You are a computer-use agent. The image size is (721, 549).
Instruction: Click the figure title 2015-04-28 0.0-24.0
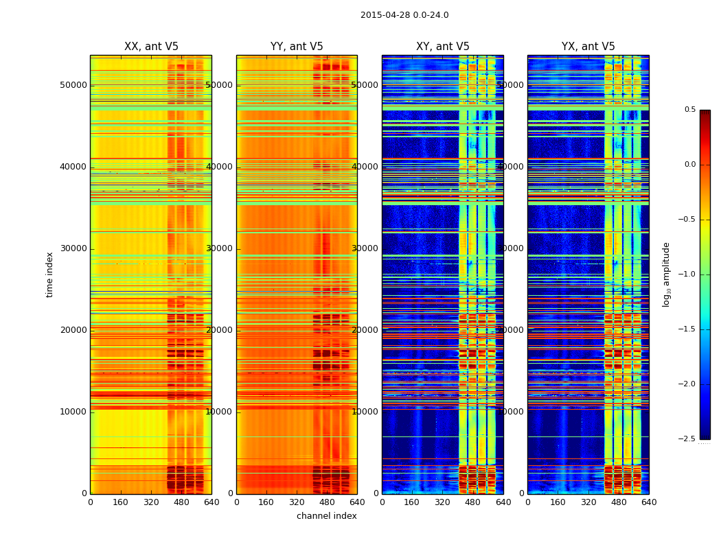point(404,15)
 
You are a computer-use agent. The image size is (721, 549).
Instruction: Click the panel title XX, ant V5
point(151,47)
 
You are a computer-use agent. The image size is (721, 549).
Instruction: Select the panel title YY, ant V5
point(297,47)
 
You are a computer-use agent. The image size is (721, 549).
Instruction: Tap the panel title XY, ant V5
point(443,47)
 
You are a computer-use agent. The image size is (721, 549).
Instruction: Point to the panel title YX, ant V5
point(588,47)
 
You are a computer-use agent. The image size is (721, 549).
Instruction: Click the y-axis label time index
point(49,274)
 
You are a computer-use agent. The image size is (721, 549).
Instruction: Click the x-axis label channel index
point(326,516)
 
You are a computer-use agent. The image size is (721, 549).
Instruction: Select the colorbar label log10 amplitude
point(666,274)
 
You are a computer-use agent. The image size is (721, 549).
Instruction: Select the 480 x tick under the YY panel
point(327,502)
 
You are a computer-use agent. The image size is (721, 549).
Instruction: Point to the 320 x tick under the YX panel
point(588,502)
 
